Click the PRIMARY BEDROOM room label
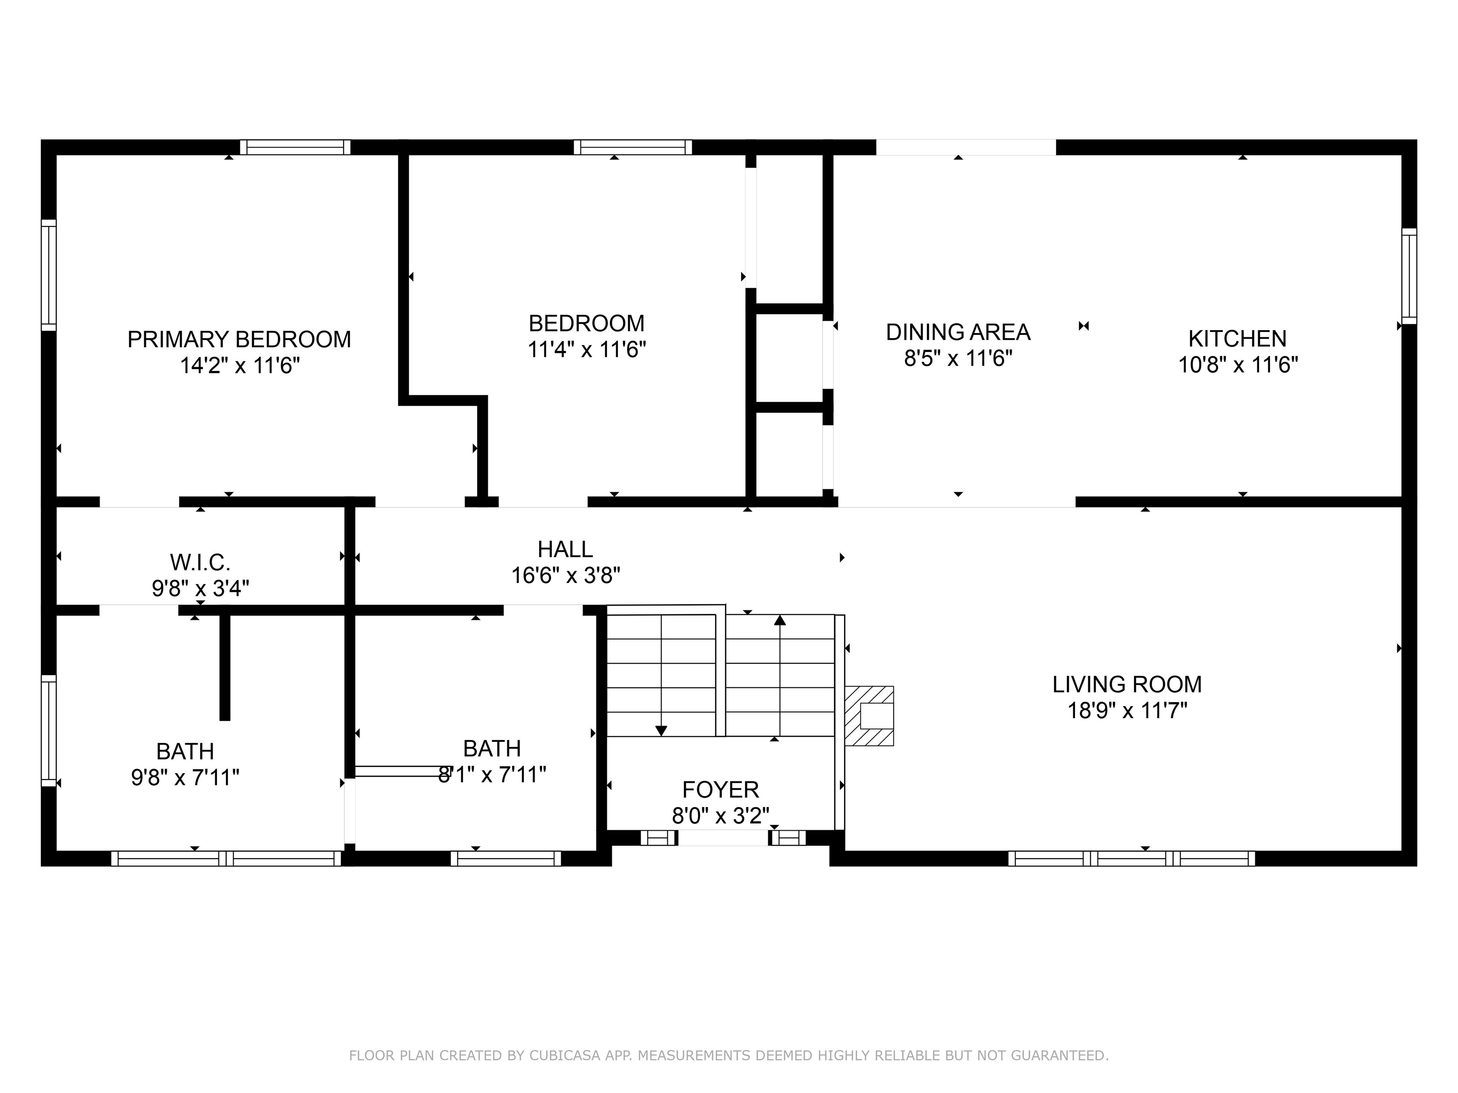[x=239, y=339]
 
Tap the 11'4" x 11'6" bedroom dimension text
[x=587, y=349]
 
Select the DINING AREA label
[x=958, y=332]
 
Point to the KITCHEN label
[x=1237, y=339]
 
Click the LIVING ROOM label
[x=1127, y=685]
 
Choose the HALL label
[x=565, y=549]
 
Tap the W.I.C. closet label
[x=200, y=563]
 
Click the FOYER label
[x=720, y=789]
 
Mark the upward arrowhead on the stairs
[x=780, y=619]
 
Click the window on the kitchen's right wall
[x=1409, y=276]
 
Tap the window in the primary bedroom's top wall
[x=295, y=147]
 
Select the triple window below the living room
[x=1131, y=859]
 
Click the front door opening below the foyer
[x=723, y=838]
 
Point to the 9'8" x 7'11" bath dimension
[x=185, y=778]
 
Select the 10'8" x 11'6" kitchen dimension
[x=1238, y=365]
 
